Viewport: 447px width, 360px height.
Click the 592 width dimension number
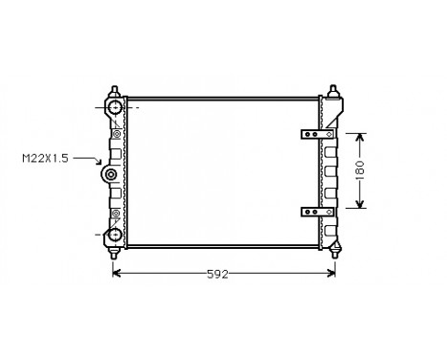point(218,274)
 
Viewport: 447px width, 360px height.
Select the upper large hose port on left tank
point(114,109)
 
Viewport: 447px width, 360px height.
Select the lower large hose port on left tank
point(114,234)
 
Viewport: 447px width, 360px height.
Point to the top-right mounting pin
point(334,92)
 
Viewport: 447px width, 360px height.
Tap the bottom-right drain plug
point(334,251)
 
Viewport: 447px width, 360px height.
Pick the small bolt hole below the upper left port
point(117,133)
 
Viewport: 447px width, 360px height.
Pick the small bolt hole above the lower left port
point(117,213)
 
